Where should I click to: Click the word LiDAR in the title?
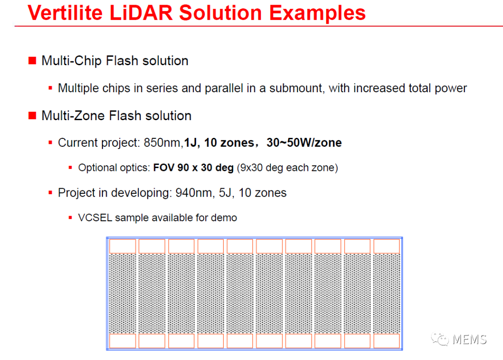point(141,13)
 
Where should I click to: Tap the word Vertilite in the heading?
point(65,13)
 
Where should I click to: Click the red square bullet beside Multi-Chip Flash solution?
point(32,61)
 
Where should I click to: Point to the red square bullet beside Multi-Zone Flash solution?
point(32,115)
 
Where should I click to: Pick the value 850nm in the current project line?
point(163,143)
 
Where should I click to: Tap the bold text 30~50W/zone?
point(304,143)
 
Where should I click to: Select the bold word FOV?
point(163,168)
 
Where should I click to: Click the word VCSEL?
point(95,218)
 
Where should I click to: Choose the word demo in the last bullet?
point(224,218)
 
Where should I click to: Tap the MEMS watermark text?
point(469,340)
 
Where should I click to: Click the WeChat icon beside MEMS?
point(440,340)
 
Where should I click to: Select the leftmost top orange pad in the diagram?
point(122,246)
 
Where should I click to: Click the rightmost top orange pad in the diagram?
point(387,246)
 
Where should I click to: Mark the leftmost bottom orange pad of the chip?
point(122,341)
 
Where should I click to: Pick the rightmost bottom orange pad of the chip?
point(387,341)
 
